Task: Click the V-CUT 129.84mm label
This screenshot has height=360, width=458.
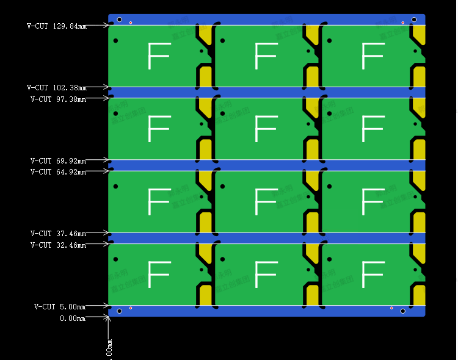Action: click(57, 26)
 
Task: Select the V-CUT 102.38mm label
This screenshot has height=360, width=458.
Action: click(57, 88)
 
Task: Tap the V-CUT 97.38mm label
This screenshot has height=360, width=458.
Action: click(58, 99)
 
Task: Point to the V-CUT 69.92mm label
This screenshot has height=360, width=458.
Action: click(58, 161)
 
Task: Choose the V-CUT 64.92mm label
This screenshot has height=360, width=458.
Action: click(58, 172)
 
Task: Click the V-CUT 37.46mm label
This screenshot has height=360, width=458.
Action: click(58, 234)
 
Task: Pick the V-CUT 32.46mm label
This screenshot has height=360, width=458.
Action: click(58, 245)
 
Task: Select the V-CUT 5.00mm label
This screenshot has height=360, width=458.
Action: click(60, 307)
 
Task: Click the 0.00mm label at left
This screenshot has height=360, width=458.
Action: click(73, 319)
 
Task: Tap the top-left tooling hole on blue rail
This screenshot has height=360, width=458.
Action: click(120, 20)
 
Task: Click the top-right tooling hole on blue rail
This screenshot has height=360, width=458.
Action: click(414, 20)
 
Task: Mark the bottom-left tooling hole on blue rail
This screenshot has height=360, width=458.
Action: click(120, 311)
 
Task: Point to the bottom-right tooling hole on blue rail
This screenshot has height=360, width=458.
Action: click(403, 311)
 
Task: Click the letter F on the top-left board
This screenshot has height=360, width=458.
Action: click(158, 56)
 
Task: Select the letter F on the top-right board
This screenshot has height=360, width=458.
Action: click(373, 56)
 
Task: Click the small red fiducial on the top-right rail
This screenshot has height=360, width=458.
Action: click(403, 23)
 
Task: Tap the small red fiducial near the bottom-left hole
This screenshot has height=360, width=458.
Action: click(131, 308)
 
